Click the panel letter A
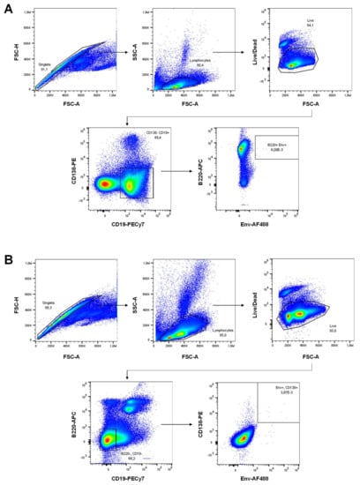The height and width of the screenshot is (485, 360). pyautogui.click(x=7, y=7)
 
